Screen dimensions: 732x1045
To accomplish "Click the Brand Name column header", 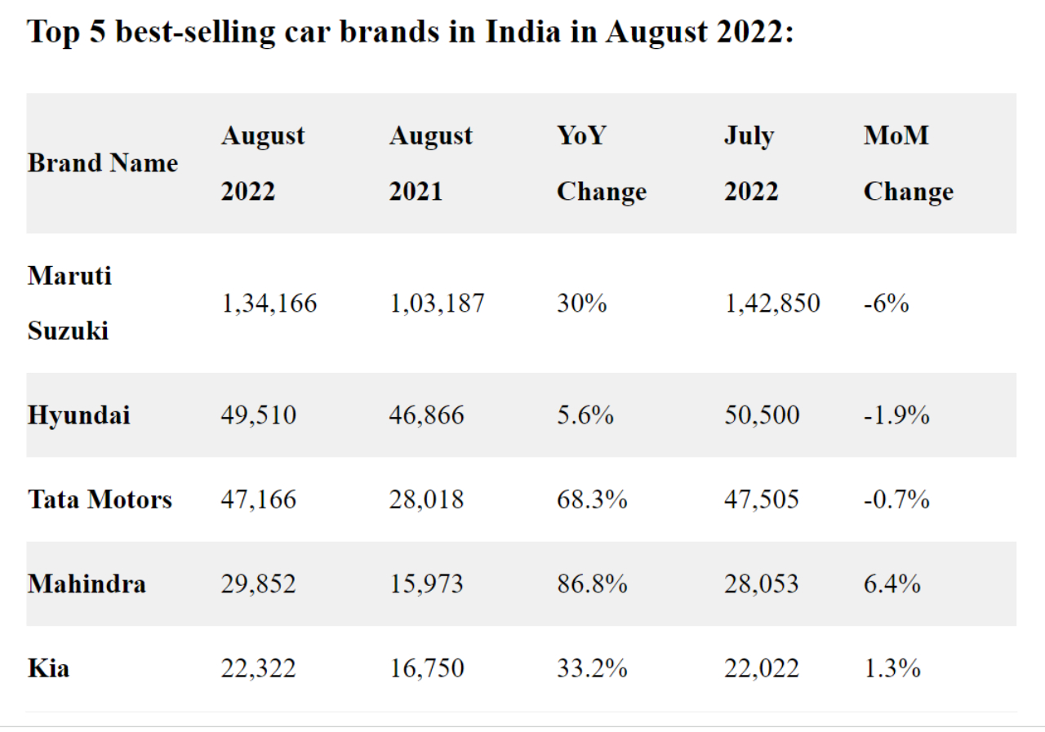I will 103,163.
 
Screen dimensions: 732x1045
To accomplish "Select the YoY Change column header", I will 601,163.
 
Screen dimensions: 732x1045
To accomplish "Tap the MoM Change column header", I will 908,163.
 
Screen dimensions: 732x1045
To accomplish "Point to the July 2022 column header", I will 751,163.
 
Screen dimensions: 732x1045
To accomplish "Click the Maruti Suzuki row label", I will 69,304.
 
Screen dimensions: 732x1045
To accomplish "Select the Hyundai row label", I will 78,415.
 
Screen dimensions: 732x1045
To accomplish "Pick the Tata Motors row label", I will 100,499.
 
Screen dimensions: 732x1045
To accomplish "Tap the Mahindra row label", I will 87,584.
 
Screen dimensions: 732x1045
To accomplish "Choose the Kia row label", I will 48,669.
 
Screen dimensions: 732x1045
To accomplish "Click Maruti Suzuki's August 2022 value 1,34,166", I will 269,304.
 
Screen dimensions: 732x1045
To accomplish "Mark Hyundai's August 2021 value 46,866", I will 426,415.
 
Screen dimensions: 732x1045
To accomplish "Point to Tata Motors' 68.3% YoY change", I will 592,499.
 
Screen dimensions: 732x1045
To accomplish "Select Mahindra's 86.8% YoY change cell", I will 592,584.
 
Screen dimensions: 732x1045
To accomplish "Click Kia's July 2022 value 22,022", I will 762,669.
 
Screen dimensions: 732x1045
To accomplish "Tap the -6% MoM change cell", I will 886,304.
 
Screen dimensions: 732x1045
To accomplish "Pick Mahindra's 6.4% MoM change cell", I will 892,584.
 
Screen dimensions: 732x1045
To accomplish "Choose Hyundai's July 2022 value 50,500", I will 762,415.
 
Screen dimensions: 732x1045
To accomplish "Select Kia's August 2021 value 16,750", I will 426,669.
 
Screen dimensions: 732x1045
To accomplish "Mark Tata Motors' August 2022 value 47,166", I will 258,499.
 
